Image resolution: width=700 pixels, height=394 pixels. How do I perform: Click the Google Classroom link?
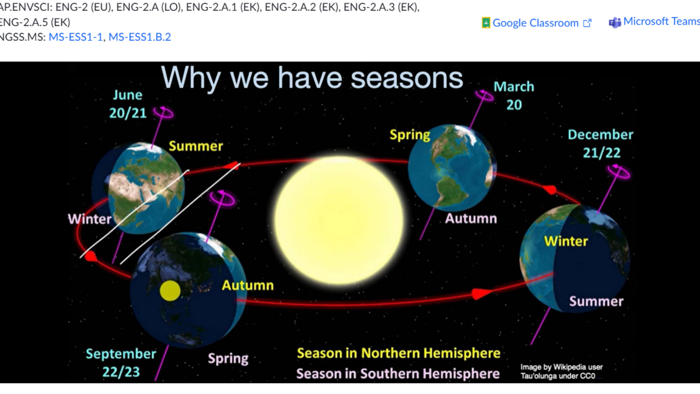click(536, 23)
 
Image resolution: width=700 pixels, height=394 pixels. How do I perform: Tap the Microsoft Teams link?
click(655, 22)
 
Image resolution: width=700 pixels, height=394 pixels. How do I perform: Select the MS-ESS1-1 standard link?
click(76, 37)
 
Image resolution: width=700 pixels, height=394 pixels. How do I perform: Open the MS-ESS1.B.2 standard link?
click(140, 37)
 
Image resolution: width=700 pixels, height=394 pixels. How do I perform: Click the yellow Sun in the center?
click(339, 220)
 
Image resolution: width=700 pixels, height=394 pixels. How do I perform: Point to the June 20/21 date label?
click(128, 104)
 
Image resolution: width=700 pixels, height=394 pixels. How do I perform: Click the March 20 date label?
click(514, 96)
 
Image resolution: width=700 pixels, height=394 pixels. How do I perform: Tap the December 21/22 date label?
click(601, 143)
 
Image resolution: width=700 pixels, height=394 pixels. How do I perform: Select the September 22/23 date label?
click(121, 363)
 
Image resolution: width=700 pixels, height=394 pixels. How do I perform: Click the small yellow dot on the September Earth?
click(170, 291)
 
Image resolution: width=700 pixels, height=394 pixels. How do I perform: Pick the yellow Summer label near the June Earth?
click(196, 146)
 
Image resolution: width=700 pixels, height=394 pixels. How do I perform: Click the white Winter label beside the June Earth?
click(90, 219)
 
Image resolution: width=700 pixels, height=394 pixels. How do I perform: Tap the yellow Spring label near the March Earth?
click(410, 135)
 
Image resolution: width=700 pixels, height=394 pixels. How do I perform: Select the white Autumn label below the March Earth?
click(471, 219)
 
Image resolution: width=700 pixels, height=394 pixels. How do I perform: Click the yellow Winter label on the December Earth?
click(566, 241)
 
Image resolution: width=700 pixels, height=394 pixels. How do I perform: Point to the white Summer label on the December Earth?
click(596, 301)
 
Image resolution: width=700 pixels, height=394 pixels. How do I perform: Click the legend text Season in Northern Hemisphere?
click(398, 353)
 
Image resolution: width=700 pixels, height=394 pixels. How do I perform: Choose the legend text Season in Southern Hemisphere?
click(398, 374)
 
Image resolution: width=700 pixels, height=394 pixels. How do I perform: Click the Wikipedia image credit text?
click(561, 371)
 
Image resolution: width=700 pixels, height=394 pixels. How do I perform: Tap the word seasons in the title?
click(407, 78)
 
